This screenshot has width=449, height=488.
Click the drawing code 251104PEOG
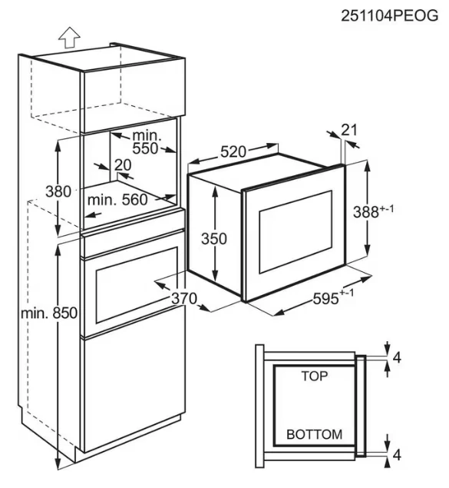390,15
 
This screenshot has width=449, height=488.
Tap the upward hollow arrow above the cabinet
69,38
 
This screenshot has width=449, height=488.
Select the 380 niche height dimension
58,191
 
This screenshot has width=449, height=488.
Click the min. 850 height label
49,313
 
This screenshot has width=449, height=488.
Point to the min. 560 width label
117,200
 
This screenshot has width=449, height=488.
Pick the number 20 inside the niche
123,165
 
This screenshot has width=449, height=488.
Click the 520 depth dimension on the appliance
233,151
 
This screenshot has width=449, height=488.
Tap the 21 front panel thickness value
349,130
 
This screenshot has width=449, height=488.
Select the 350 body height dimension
214,239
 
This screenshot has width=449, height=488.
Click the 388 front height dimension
373,212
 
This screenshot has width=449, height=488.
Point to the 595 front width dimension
333,298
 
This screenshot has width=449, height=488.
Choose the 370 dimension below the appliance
184,299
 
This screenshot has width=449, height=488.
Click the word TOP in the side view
315,376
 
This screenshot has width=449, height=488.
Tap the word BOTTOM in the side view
314,434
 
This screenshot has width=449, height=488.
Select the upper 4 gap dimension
397,358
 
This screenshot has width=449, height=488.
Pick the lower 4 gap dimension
397,455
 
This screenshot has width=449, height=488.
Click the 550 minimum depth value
145,149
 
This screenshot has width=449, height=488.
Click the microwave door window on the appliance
295,232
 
